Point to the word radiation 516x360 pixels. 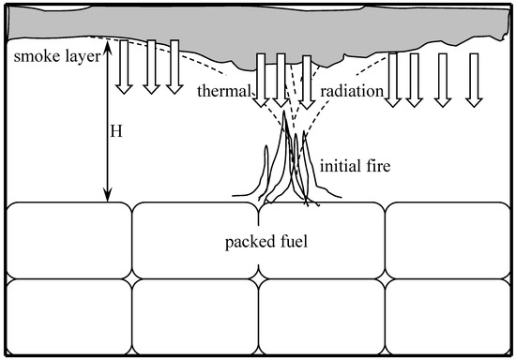tap(351, 91)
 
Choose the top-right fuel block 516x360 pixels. tap(448, 240)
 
